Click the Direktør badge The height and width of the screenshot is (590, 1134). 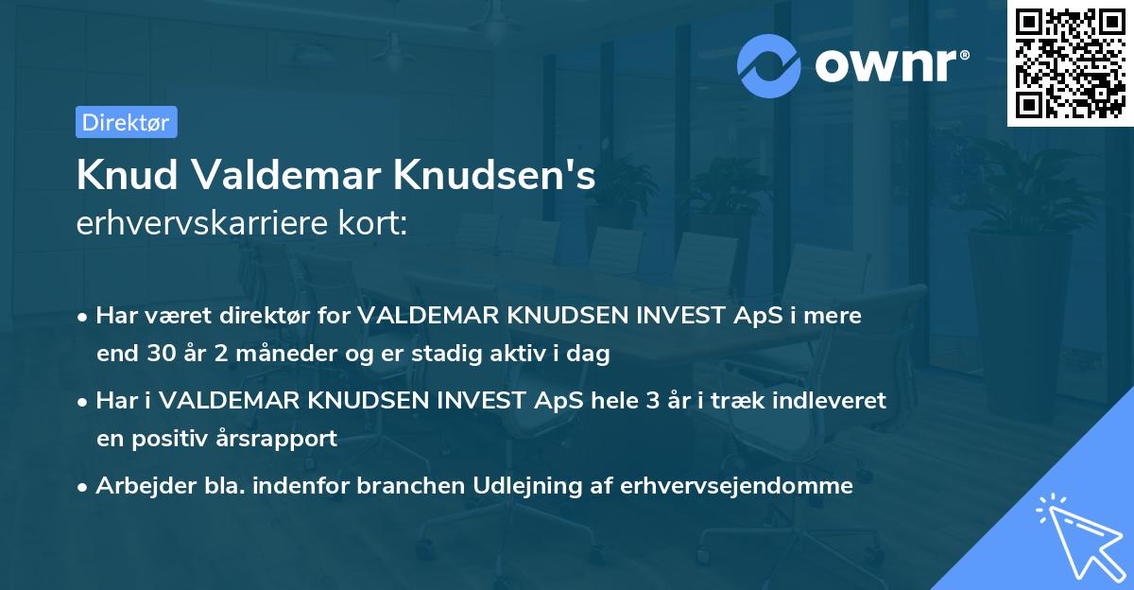point(126,122)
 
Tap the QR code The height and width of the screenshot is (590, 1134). point(1070,62)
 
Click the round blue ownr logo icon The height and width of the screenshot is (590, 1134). point(769,65)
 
